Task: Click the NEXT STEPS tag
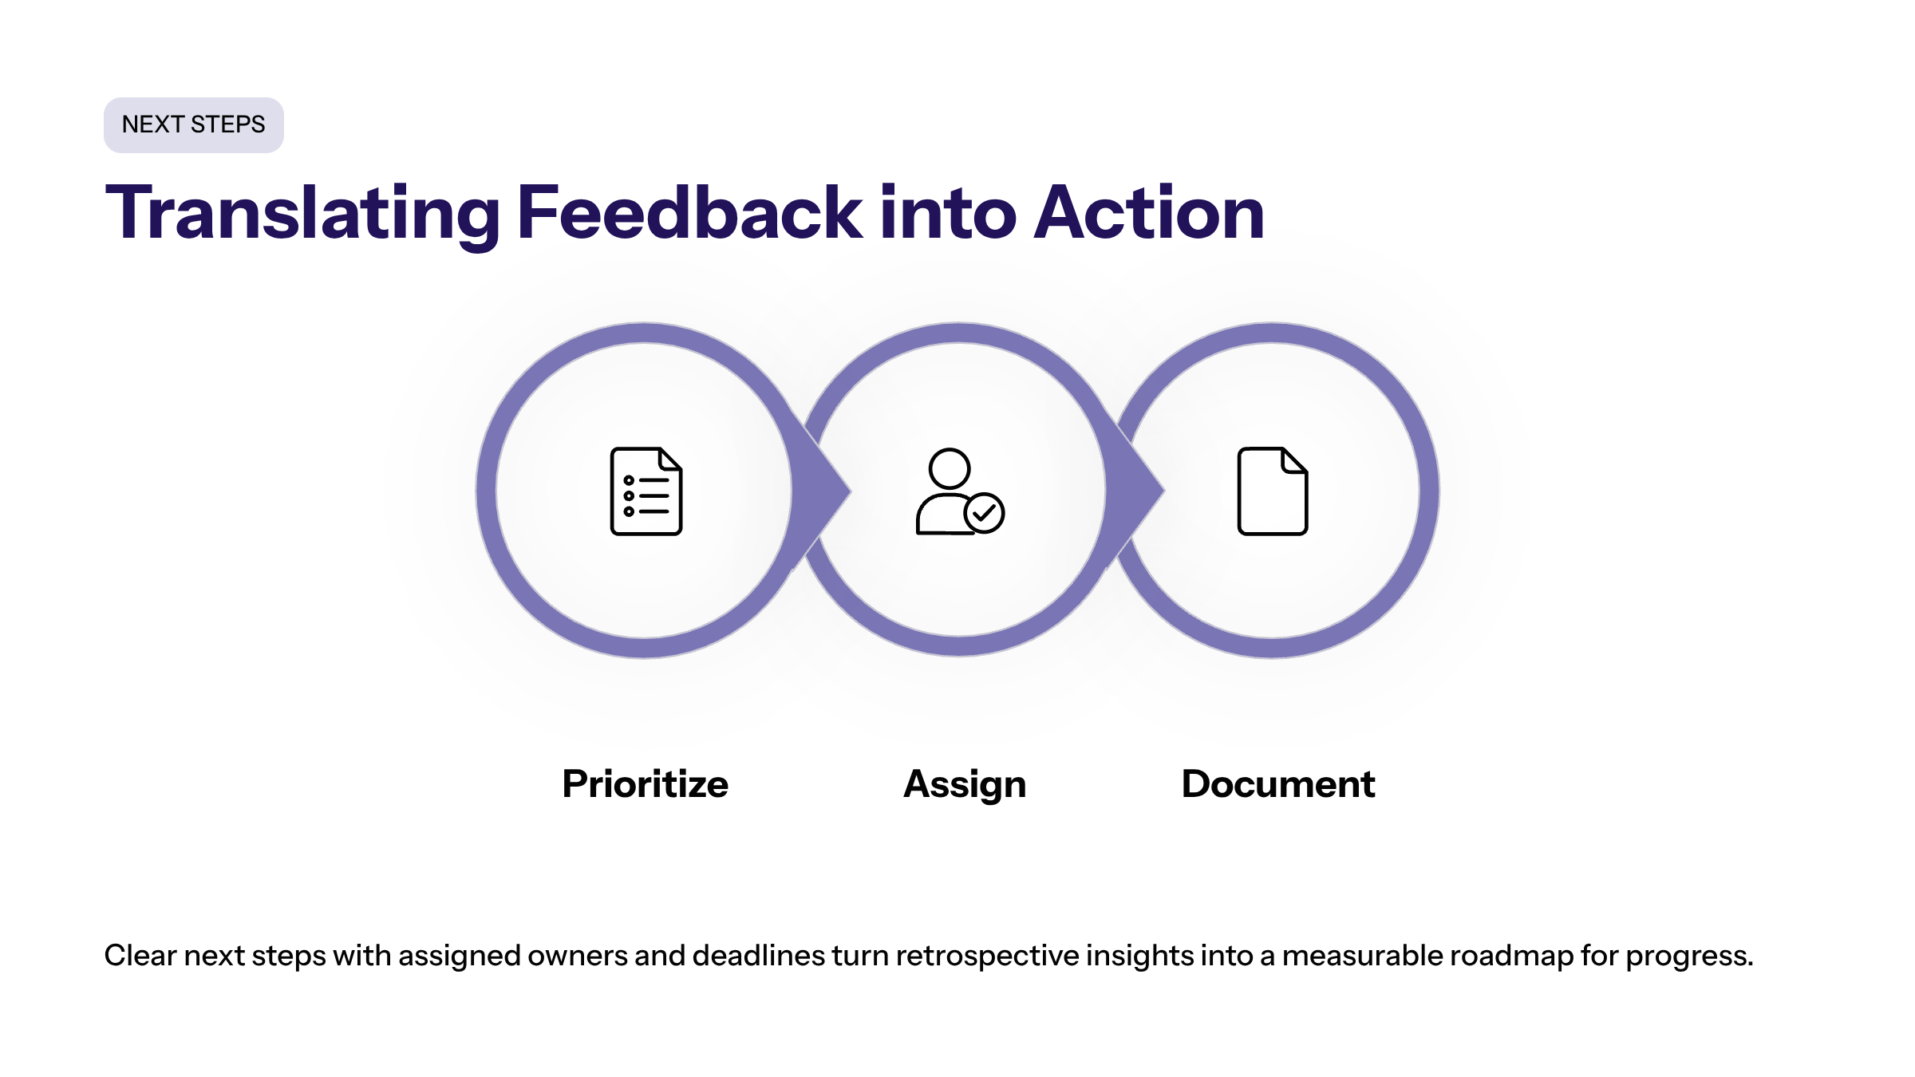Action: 194,125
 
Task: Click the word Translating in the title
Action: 303,213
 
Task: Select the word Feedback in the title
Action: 690,212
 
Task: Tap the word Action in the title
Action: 1149,212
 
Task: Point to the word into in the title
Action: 949,212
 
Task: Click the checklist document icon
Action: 646,491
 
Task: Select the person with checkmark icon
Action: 960,491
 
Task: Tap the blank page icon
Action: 1273,491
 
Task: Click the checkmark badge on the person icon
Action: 985,513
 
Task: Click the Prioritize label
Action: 645,783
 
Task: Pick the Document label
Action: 1278,783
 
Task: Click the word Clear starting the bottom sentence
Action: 140,955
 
